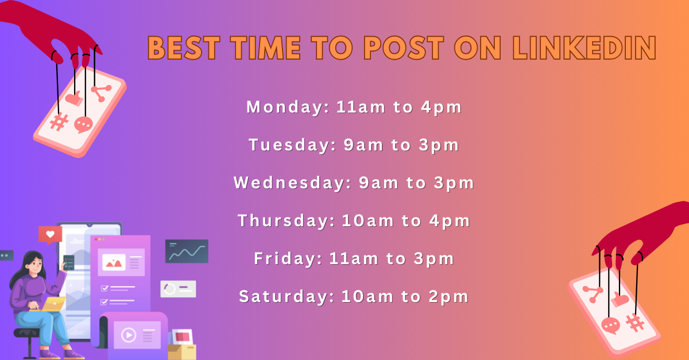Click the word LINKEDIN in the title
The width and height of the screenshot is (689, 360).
585,48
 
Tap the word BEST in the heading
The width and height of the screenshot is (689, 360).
184,48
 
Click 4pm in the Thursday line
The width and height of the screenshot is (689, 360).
450,221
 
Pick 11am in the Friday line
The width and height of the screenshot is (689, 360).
354,258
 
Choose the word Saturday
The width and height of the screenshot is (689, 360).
287,297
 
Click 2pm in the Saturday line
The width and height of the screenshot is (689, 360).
449,297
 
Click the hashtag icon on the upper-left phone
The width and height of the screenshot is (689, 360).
59,122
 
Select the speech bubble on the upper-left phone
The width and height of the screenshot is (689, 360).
83,125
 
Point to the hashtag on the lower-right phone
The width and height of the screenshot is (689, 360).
635,323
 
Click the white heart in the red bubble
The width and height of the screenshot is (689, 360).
50,234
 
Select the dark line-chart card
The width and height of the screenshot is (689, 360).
187,251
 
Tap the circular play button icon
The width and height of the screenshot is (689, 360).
129,335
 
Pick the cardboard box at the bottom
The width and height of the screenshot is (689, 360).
182,352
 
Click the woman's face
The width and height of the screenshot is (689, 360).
36,265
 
